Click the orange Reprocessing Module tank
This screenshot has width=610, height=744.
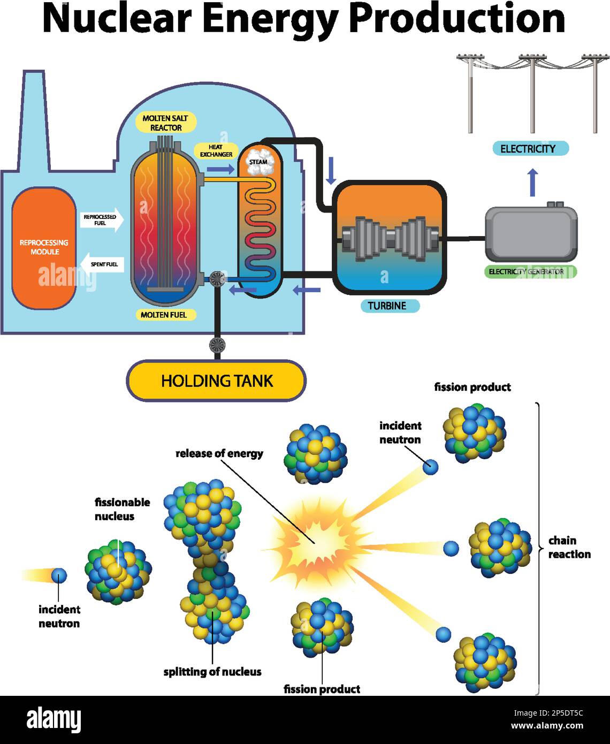tap(44, 247)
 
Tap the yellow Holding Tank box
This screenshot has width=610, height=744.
tap(216, 381)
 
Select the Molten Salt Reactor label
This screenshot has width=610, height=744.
tap(165, 123)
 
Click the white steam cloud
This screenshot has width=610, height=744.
tap(259, 162)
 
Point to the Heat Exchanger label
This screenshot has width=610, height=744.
tap(216, 150)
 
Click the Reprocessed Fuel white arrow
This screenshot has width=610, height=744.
tap(102, 219)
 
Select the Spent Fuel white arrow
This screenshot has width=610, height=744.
tap(102, 264)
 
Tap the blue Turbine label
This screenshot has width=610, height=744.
tap(387, 306)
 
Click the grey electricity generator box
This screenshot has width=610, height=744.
tap(531, 233)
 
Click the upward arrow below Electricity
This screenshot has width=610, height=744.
tap(532, 182)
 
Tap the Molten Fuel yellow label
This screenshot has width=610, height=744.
tap(164, 315)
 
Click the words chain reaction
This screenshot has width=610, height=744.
tap(569, 547)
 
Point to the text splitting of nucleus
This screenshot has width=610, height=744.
tap(212, 672)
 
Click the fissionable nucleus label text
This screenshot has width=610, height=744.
tap(122, 509)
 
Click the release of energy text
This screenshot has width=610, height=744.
tap(219, 453)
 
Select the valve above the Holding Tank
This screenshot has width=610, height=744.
tap(217, 344)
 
